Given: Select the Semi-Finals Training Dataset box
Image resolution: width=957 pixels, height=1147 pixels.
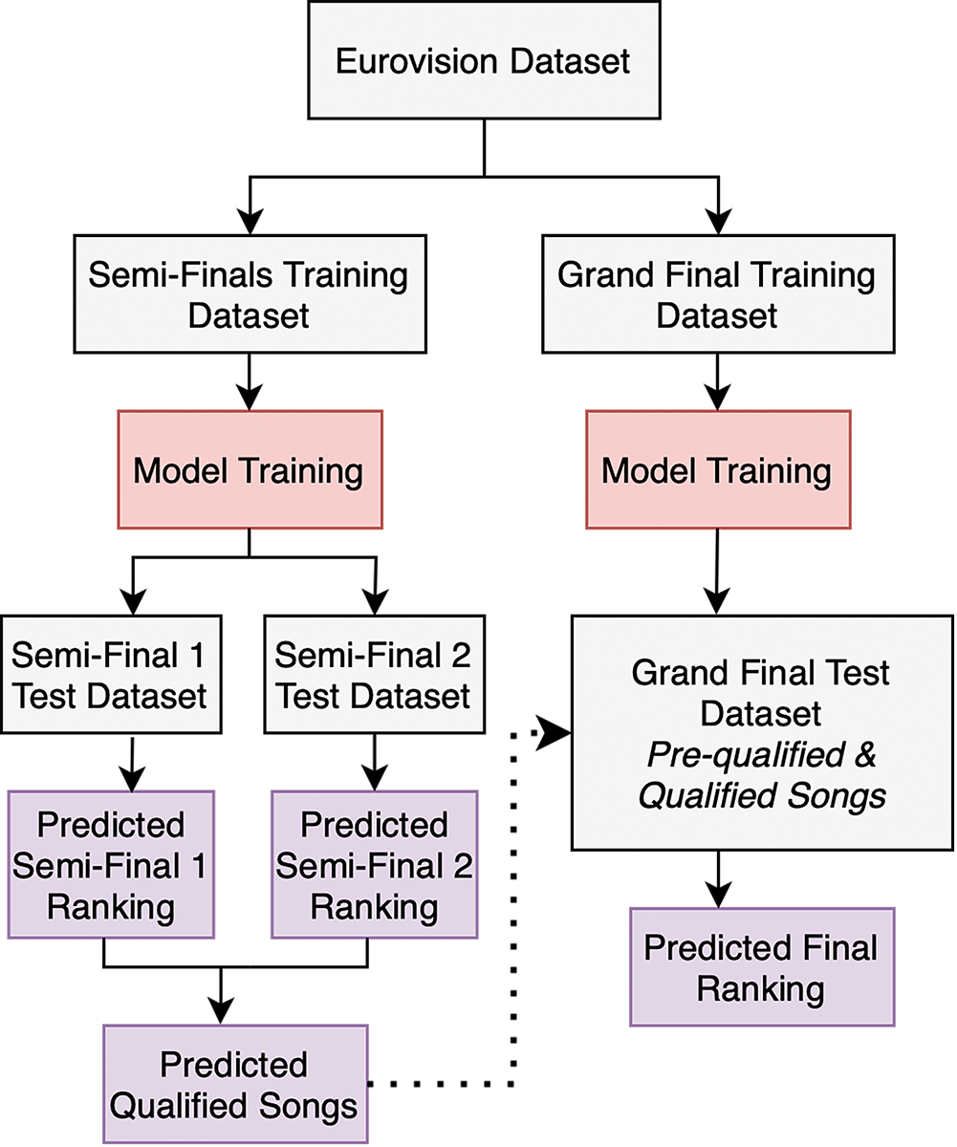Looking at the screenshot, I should (x=249, y=295).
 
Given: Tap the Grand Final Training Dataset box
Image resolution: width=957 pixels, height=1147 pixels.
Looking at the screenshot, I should (x=717, y=295).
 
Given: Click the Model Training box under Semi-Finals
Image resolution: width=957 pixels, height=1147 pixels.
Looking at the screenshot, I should (x=249, y=470).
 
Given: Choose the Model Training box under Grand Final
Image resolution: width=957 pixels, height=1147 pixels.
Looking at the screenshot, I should (x=717, y=470).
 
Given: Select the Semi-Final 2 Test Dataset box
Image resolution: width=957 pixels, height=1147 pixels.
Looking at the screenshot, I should (x=373, y=676).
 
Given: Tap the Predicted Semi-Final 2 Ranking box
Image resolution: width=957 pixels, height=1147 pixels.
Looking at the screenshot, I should (x=374, y=864).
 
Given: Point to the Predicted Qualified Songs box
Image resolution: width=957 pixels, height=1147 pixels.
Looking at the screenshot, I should (x=234, y=1084).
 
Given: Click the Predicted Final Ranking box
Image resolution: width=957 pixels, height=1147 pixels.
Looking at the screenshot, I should (x=762, y=967).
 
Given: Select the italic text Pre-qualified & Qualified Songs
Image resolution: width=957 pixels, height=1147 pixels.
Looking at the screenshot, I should (x=761, y=773).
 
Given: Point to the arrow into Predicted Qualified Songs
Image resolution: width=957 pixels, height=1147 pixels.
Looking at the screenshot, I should (x=222, y=998).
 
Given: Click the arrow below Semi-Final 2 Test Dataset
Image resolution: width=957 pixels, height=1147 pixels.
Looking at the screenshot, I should (x=374, y=762).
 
